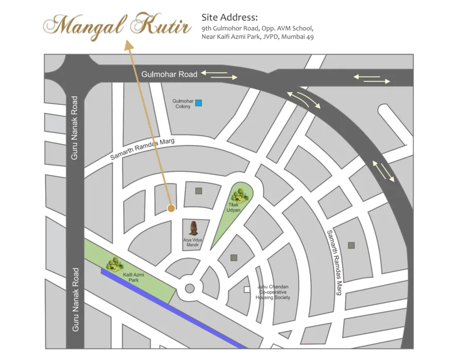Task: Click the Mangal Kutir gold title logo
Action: click(117, 26)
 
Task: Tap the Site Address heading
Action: click(229, 18)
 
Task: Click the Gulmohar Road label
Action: click(169, 74)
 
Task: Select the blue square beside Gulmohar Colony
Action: click(198, 102)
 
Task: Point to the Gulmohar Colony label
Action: click(182, 104)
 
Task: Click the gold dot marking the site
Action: click(171, 208)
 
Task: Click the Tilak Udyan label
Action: click(234, 208)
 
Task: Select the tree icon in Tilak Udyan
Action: click(239, 195)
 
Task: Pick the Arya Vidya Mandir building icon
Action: click(194, 228)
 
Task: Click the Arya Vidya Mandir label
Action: click(193, 243)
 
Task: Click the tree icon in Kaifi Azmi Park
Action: click(114, 264)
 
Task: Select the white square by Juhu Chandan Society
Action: click(247, 289)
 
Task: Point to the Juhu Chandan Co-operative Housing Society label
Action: click(273, 292)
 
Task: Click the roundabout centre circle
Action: click(189, 288)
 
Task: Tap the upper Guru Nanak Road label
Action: click(75, 128)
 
